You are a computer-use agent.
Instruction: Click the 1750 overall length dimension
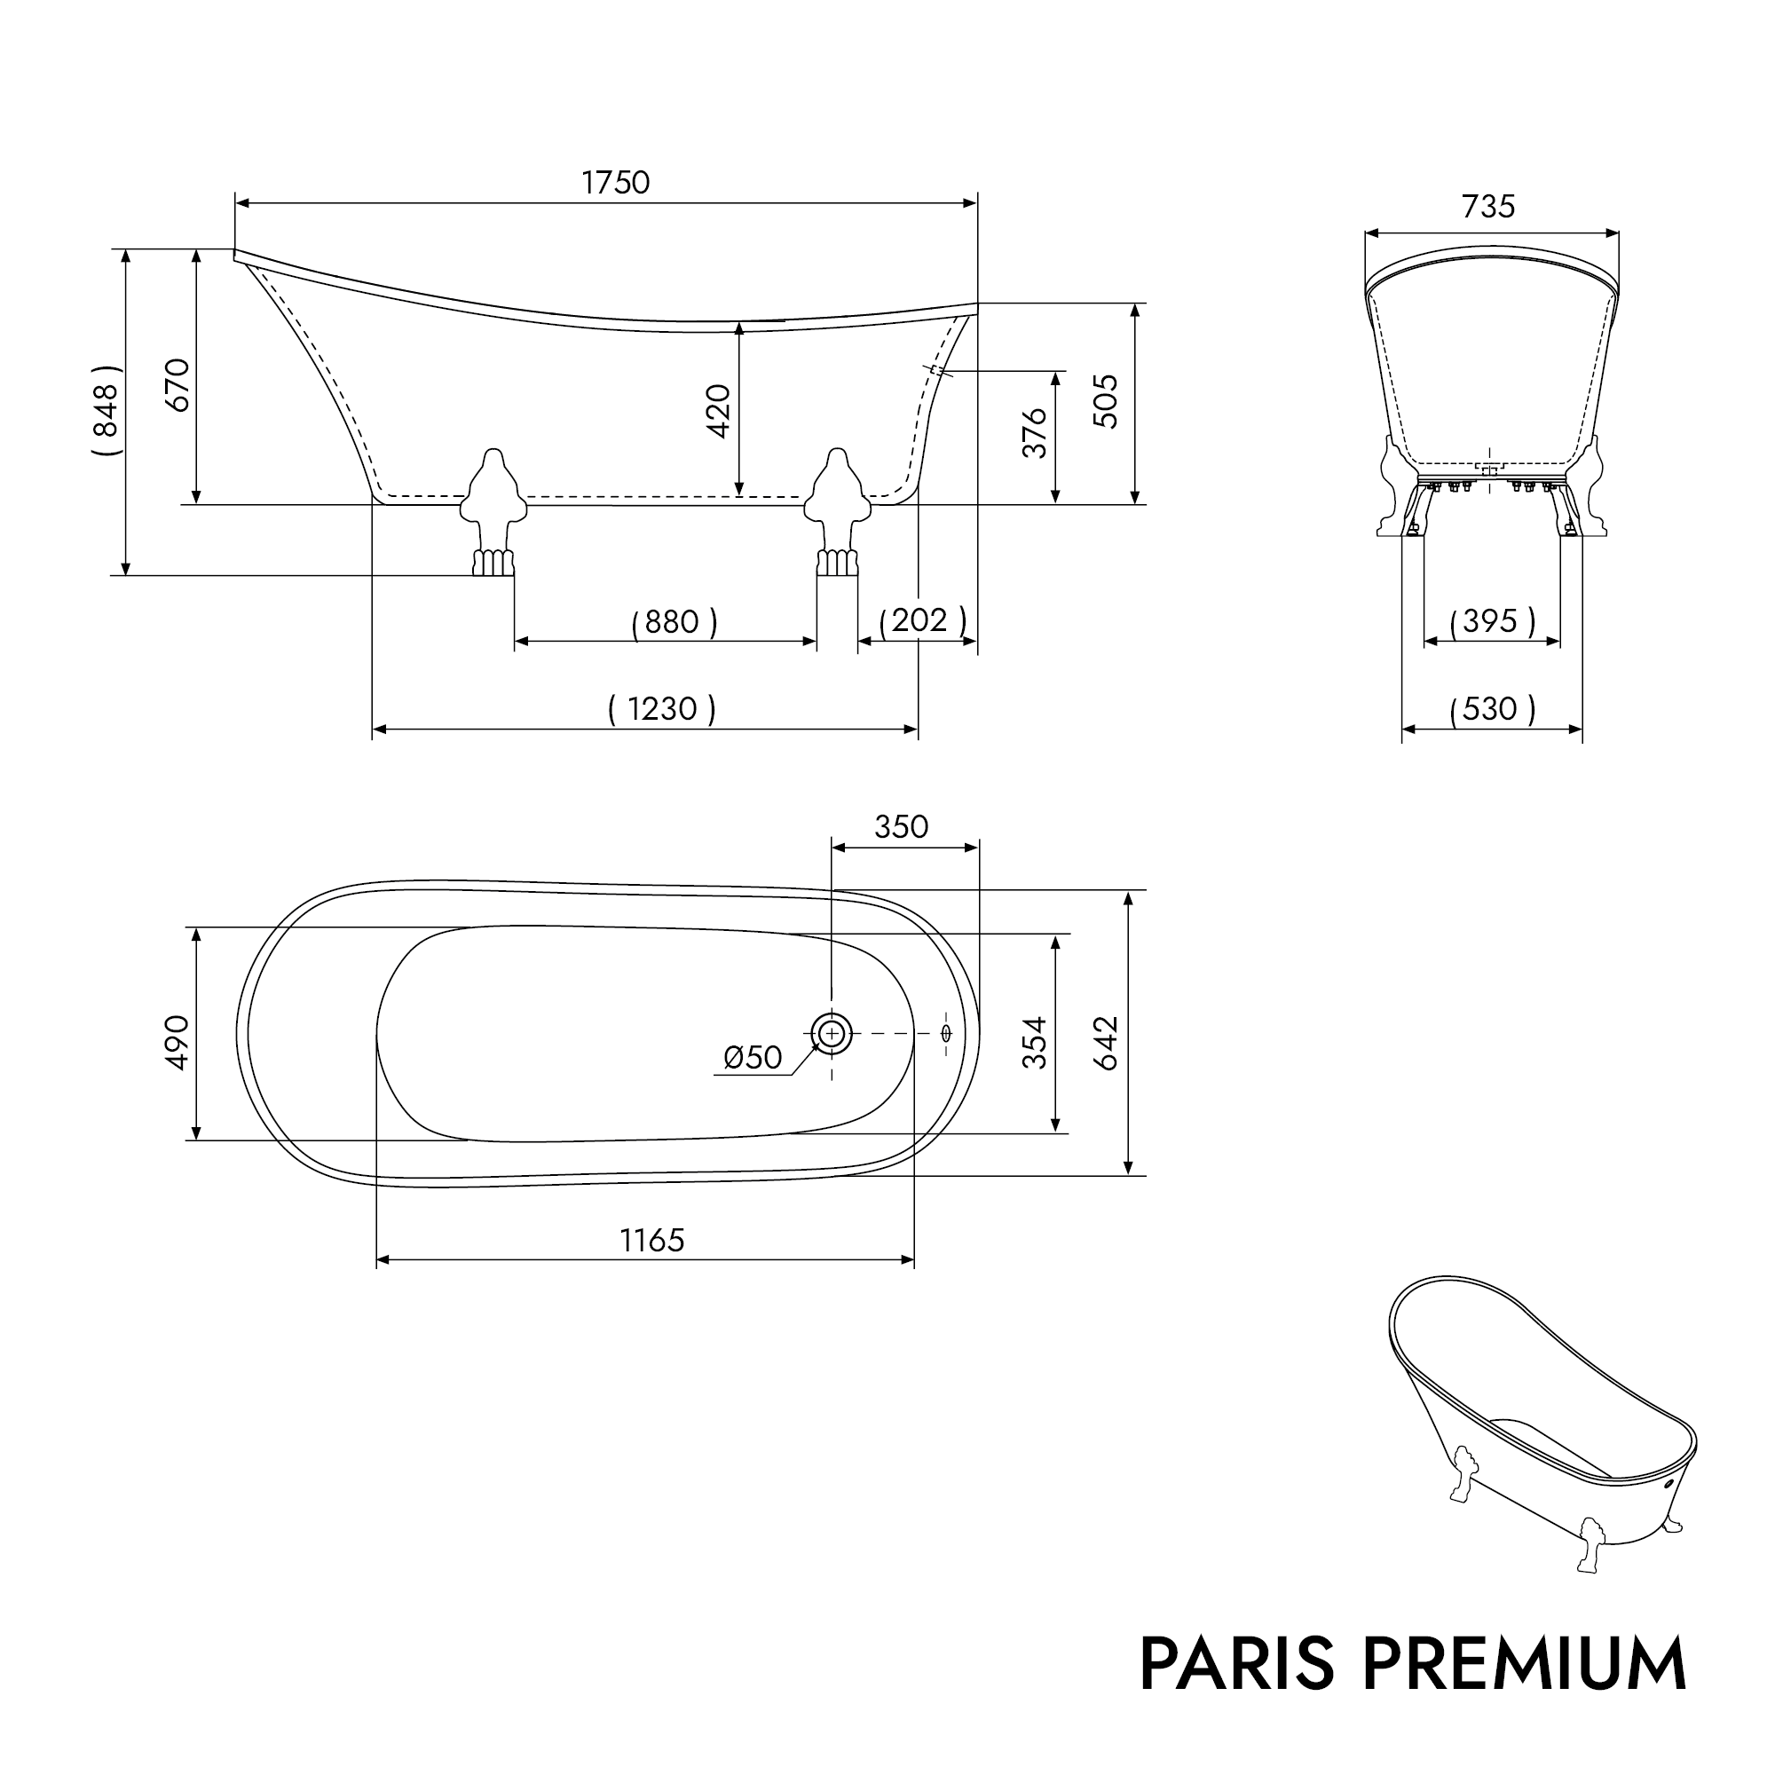coord(615,183)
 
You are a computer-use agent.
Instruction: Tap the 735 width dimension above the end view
coord(1487,207)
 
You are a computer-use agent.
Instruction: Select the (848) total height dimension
coord(106,410)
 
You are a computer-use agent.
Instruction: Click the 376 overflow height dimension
coord(1035,433)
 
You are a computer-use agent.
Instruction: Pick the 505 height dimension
coord(1107,401)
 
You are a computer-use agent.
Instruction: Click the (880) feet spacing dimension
coord(674,622)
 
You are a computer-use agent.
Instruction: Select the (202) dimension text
coord(921,620)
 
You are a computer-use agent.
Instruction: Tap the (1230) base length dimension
coord(661,708)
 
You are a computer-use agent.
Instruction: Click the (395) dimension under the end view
coord(1491,621)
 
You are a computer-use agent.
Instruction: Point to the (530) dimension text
coord(1491,708)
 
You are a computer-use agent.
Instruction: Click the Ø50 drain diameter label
coord(753,1058)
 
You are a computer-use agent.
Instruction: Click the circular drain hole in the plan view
coord(832,1034)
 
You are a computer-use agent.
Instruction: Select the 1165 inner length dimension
coord(651,1241)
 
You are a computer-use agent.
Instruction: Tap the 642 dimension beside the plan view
coord(1107,1043)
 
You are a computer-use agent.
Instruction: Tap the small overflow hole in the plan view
coord(946,1034)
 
